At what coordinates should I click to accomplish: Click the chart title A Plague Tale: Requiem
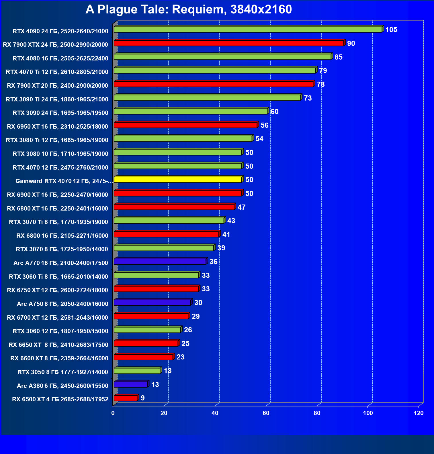188,9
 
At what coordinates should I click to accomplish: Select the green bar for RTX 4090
248,30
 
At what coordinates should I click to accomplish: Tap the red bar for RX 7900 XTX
229,43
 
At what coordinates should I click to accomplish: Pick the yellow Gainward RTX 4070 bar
178,180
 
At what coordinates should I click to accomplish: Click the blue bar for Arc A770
160,262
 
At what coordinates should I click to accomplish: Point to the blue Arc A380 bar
131,384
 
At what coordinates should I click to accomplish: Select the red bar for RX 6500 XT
126,398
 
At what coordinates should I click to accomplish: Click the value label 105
391,30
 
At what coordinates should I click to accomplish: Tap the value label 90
351,44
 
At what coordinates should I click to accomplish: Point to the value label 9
142,398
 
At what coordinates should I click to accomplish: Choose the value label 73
308,98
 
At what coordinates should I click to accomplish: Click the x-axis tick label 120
419,413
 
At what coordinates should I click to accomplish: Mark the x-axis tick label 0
113,413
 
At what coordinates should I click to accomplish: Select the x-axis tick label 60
266,413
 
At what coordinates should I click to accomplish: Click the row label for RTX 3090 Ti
57,99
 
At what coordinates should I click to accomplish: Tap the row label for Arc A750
62,304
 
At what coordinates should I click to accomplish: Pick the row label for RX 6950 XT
57,127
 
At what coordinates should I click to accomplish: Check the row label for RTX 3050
63,372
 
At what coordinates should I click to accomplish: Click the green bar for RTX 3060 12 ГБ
147,330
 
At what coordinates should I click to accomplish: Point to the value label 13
155,385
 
